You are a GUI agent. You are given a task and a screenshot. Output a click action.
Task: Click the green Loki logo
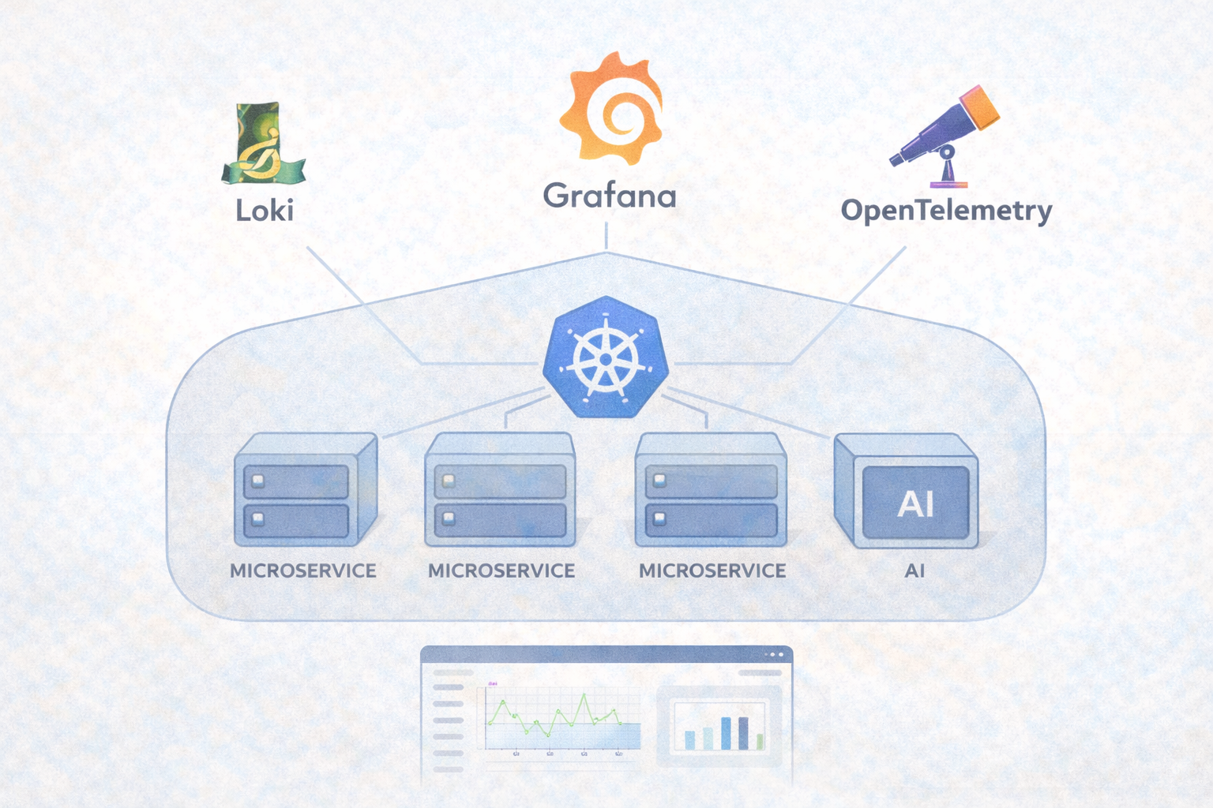pyautogui.click(x=263, y=144)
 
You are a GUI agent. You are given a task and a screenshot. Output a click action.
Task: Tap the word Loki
pyautogui.click(x=265, y=210)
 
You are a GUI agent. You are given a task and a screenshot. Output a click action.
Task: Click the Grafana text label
pyautogui.click(x=609, y=196)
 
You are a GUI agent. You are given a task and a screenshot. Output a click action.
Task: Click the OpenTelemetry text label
pyautogui.click(x=946, y=211)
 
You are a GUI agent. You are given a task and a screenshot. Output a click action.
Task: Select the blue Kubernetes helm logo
pyautogui.click(x=606, y=357)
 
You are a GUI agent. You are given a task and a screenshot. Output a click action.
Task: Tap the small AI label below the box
pyautogui.click(x=914, y=570)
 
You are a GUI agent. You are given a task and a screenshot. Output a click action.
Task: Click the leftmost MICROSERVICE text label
pyautogui.click(x=303, y=570)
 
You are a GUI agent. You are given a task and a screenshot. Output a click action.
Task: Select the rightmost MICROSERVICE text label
pyautogui.click(x=712, y=570)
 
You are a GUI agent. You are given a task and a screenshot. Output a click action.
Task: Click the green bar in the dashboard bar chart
pyautogui.click(x=760, y=741)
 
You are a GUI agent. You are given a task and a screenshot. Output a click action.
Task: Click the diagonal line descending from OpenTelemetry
pyautogui.click(x=849, y=305)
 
